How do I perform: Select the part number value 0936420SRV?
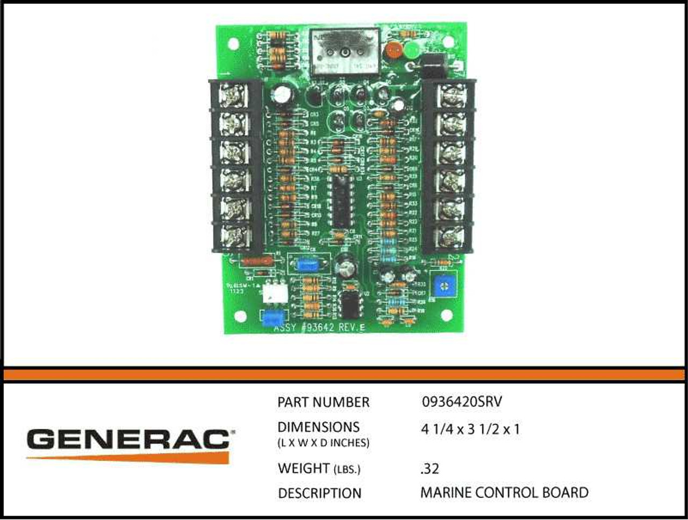click(462, 402)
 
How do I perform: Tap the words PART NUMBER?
click(323, 402)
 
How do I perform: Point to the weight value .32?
click(429, 469)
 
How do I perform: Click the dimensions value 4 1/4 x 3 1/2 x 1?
click(470, 430)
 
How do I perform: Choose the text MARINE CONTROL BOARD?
click(504, 493)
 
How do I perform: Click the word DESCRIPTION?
click(319, 493)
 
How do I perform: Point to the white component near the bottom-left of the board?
click(274, 293)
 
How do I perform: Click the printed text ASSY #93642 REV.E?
click(319, 327)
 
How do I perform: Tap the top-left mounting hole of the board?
click(234, 43)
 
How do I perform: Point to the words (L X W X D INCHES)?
click(323, 443)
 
